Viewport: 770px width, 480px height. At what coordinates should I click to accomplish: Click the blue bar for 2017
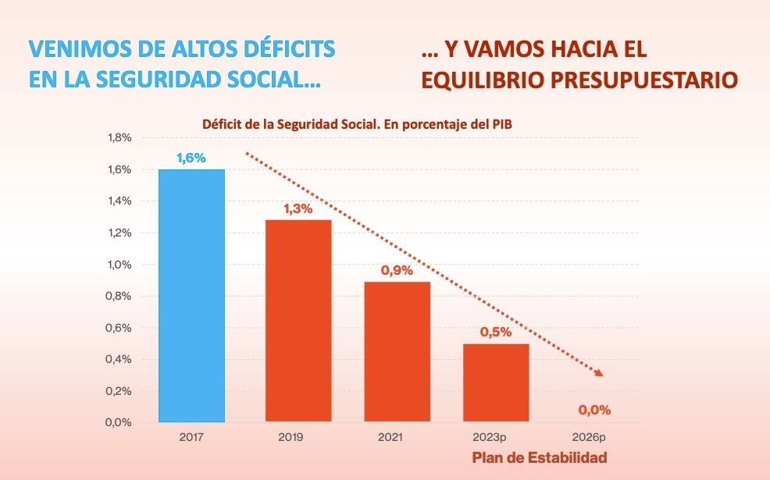click(191, 296)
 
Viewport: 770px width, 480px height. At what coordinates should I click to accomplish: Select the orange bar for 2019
click(298, 321)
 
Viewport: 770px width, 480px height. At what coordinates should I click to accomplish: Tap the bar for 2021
click(397, 352)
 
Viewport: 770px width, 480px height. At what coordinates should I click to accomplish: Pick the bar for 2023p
click(496, 383)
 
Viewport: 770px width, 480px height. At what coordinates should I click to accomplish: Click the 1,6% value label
click(191, 158)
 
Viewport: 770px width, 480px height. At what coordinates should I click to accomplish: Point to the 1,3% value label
click(298, 208)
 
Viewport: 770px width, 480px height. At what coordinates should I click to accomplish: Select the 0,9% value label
click(397, 270)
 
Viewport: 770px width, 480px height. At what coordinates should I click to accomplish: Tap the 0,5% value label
click(496, 332)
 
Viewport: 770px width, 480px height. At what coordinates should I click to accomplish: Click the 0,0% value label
click(594, 409)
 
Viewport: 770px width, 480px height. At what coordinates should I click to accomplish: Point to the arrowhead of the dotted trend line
click(599, 373)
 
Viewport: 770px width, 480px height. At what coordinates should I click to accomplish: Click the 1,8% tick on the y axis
click(119, 138)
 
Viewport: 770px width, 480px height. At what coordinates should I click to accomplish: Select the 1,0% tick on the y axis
click(119, 265)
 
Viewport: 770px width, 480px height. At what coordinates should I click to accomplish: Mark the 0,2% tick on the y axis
click(119, 391)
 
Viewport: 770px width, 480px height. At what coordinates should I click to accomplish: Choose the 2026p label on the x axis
click(594, 438)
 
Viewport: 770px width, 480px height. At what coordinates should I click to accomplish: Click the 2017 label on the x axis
click(191, 438)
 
